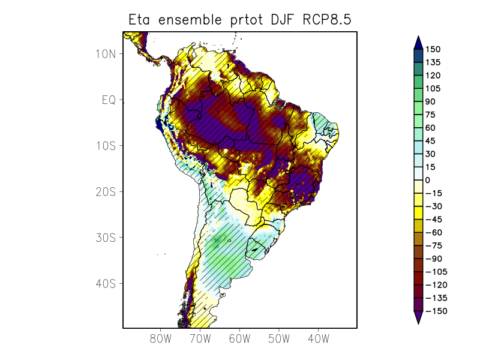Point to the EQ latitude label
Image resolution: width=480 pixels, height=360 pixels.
coord(109,100)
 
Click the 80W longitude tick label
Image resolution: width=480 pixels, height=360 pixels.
coord(161,339)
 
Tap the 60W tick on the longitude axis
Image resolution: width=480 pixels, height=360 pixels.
coord(239,339)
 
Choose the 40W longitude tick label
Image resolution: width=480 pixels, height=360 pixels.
coord(318,339)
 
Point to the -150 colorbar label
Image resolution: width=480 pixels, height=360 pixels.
coord(436,311)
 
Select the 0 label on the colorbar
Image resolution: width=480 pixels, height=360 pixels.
coord(428,180)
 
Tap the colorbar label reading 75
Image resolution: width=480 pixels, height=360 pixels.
coord(431,115)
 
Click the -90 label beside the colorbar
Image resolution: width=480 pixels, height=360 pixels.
coord(434,259)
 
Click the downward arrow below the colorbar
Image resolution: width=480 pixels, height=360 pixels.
coord(418,318)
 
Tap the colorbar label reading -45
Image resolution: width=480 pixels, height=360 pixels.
coord(434,219)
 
